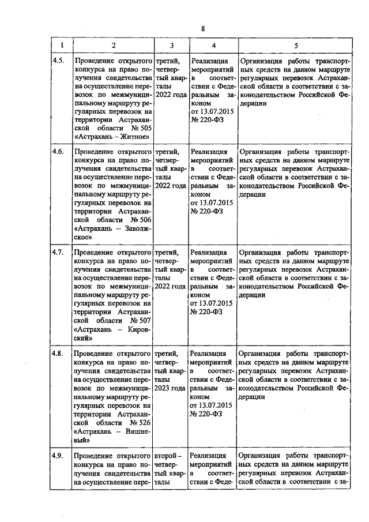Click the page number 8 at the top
[x=203, y=29]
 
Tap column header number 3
[x=171, y=45]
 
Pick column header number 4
[x=213, y=45]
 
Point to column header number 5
[x=296, y=45]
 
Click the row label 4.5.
[x=58, y=59]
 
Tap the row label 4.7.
[x=58, y=252]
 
